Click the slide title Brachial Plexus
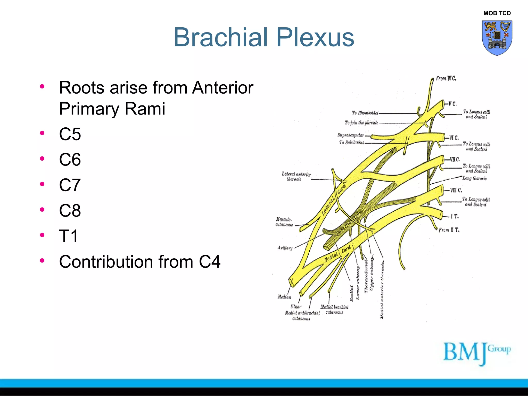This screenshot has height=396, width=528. point(263,38)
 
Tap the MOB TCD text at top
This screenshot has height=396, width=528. point(497,13)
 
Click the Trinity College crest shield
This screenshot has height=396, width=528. point(497,38)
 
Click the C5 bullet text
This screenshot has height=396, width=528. point(70,134)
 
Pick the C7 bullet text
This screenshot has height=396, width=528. point(70,185)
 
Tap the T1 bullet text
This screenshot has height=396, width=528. point(69,236)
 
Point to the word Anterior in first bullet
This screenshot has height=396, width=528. point(223,88)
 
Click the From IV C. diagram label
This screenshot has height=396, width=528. point(446,78)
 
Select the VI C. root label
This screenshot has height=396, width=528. point(454,138)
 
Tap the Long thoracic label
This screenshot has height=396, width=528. point(474,178)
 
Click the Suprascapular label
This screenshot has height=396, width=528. point(351,135)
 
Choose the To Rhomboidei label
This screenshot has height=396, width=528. point(365,113)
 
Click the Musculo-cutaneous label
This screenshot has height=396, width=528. point(284,222)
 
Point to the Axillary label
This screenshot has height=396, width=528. point(285,248)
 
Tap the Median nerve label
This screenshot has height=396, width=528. point(284,297)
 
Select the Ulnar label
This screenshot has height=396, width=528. point(296,307)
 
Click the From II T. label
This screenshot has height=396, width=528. point(449,230)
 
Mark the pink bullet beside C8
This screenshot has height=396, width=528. point(42,209)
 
